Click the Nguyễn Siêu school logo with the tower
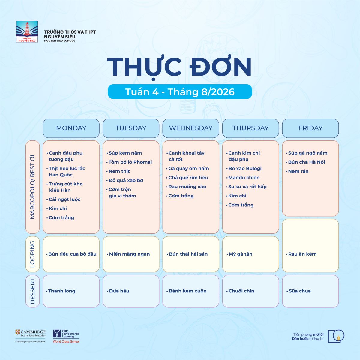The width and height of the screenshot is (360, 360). [27, 31]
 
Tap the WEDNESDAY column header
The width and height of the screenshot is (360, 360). [191, 128]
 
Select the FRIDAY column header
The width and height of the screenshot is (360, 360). [310, 128]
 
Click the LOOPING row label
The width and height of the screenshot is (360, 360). [32, 254]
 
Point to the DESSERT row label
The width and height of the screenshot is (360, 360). [32, 291]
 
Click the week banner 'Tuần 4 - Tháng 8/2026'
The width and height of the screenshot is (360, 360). [180, 92]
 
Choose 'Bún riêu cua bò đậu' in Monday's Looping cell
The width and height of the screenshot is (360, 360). [72, 254]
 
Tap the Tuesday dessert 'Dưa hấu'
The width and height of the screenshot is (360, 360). [119, 291]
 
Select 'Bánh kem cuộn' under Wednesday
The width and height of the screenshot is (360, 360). [187, 291]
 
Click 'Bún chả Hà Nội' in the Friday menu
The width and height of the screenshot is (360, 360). [307, 162]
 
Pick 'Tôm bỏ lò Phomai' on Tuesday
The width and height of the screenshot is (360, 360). [130, 162]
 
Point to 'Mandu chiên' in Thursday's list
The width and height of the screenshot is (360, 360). [244, 178]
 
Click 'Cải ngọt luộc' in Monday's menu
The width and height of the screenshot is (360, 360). [64, 199]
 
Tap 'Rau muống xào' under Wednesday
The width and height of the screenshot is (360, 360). [187, 187]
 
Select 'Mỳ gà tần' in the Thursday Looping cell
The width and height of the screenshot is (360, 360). [240, 254]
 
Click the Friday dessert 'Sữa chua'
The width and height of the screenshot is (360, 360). [300, 291]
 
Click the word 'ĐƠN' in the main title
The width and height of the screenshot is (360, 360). [220, 67]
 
